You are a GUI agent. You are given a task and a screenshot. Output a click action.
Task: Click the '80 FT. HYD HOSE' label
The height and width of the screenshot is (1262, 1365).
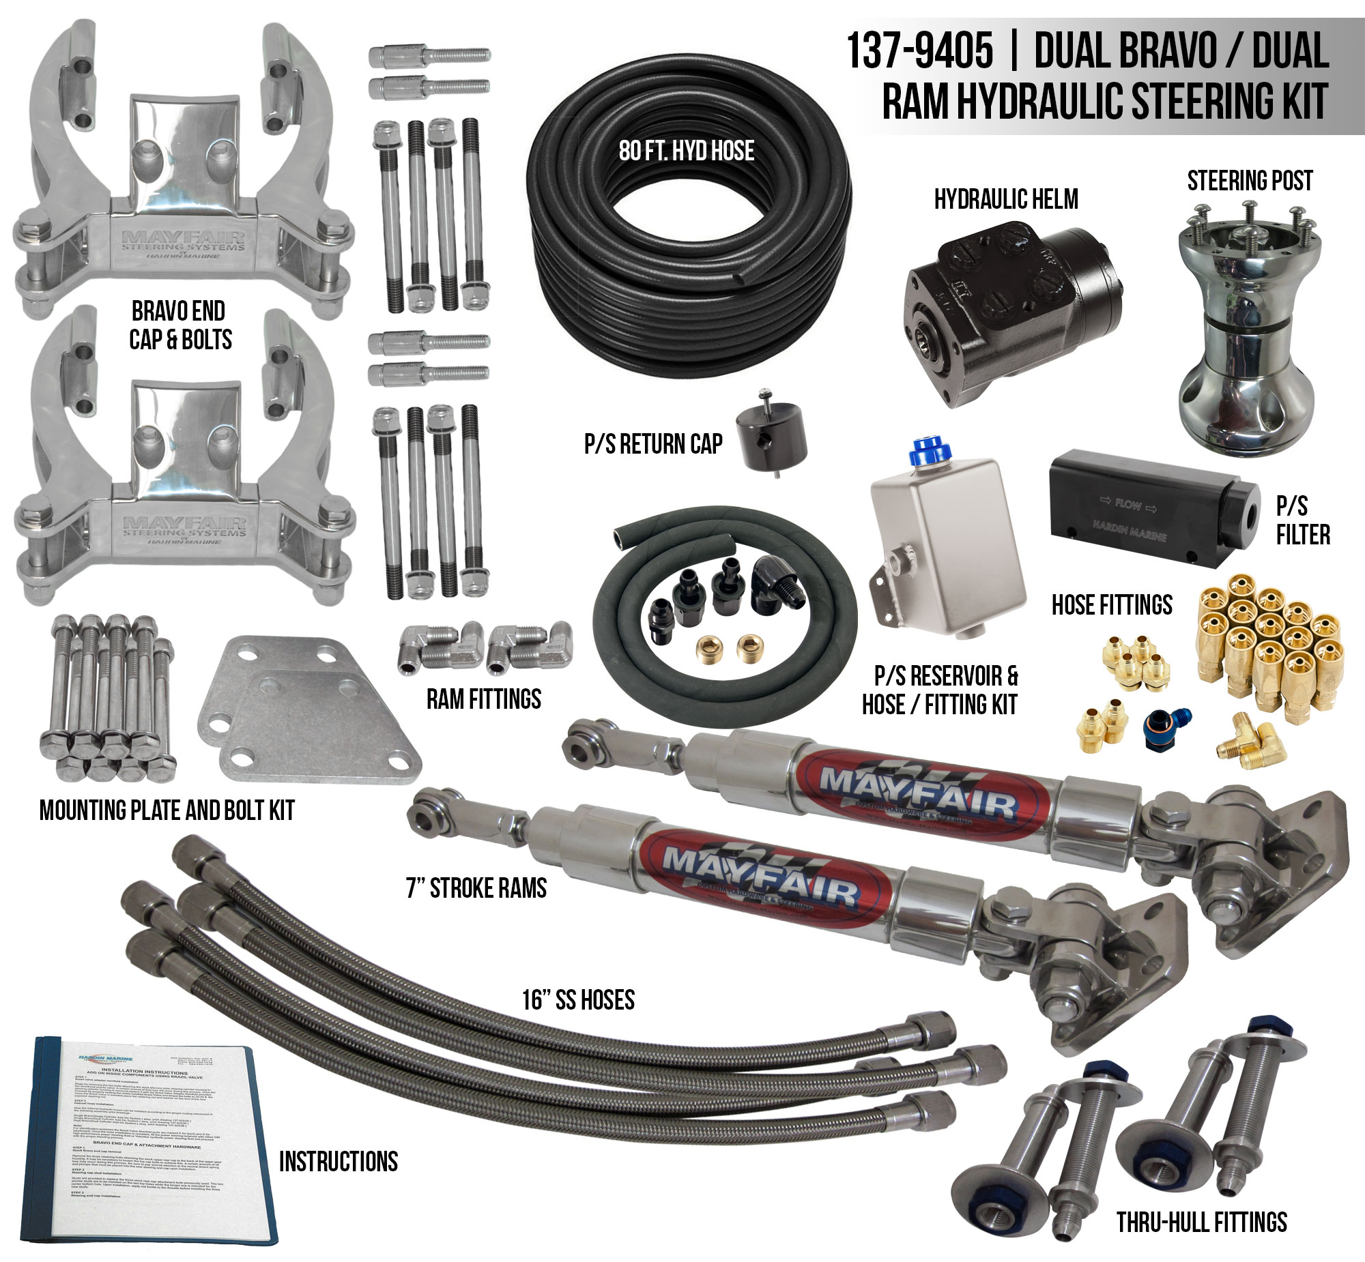[687, 151]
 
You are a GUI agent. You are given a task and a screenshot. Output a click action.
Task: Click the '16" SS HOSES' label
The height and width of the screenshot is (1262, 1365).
[578, 1000]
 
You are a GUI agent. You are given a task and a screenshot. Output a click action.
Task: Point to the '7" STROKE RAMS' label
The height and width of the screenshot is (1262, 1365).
[476, 888]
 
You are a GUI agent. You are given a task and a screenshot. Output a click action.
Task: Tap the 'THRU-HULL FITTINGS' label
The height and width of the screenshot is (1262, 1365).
[1202, 1222]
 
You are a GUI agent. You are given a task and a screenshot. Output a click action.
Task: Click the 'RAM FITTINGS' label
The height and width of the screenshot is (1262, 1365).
[484, 699]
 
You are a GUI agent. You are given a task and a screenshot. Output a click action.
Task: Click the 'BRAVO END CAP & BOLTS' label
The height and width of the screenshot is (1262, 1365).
[179, 325]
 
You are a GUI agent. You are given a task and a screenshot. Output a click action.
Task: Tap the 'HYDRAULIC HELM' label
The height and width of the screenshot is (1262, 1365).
[1005, 199]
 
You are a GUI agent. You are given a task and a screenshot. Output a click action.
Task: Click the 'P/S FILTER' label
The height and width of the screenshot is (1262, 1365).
[1302, 520]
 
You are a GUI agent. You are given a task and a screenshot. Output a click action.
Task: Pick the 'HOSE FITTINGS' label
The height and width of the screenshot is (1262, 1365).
[1112, 605]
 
